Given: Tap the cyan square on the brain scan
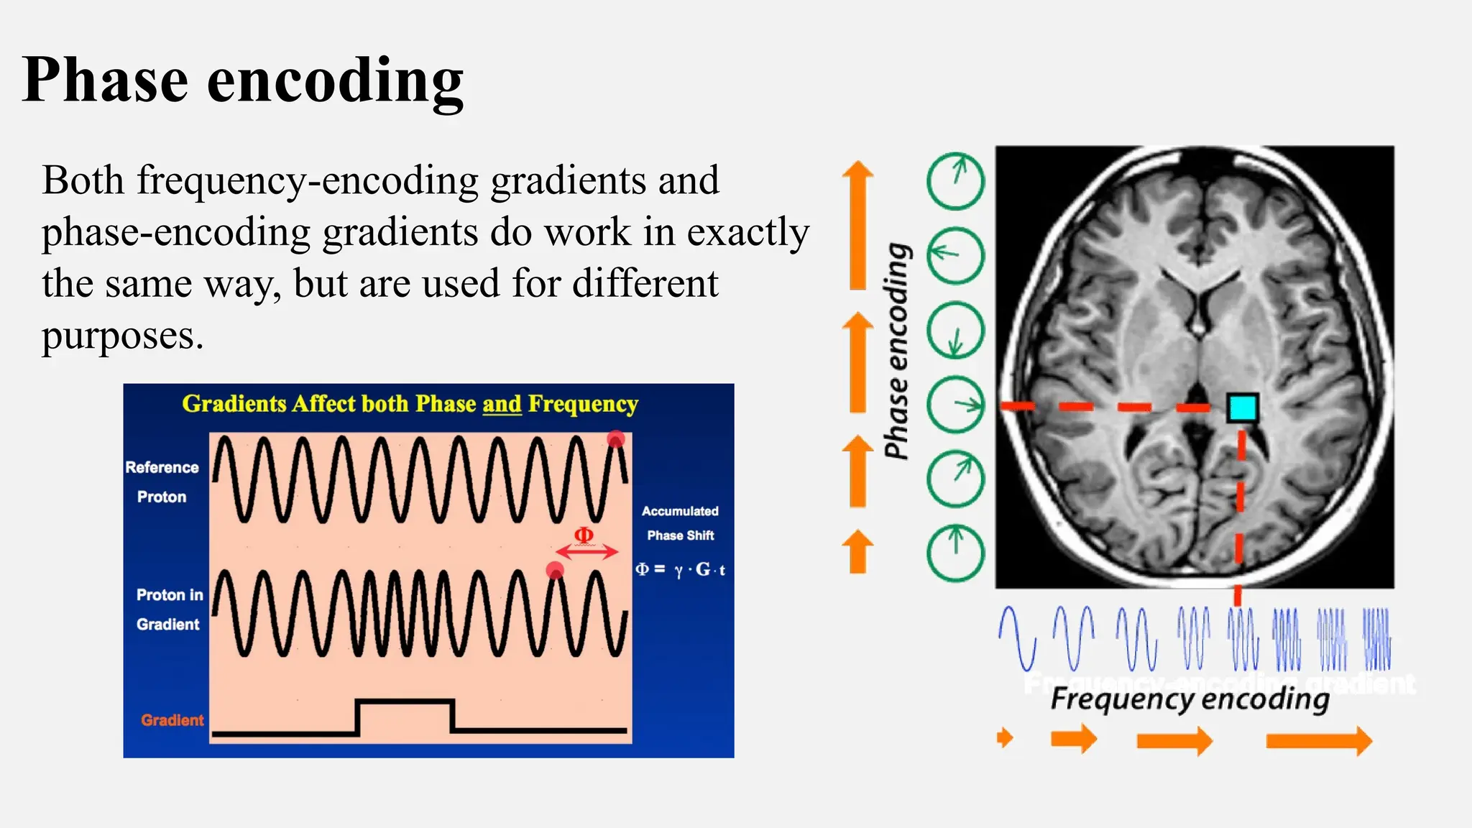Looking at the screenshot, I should tap(1243, 408).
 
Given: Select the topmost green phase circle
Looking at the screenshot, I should tap(955, 181).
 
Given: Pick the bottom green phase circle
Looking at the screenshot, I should tap(955, 553).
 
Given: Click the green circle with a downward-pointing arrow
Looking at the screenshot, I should tap(955, 330).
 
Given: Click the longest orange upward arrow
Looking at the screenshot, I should tap(857, 225).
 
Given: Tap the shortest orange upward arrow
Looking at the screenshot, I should tap(857, 551).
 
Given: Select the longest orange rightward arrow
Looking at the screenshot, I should tap(1318, 740).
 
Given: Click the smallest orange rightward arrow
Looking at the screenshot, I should tap(1005, 737).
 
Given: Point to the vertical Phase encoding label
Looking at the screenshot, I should tap(897, 351).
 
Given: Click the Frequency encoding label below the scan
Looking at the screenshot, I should tap(1190, 699).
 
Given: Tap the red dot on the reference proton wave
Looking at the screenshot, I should tap(616, 439).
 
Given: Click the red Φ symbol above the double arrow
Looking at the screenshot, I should tap(584, 535).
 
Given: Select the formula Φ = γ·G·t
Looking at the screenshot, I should tap(680, 570).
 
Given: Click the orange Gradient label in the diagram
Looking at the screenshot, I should tap(172, 720).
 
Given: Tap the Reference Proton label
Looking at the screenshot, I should tap(162, 482).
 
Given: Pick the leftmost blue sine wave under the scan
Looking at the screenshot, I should tap(1017, 638).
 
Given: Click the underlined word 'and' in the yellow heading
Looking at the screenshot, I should tap(502, 404).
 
